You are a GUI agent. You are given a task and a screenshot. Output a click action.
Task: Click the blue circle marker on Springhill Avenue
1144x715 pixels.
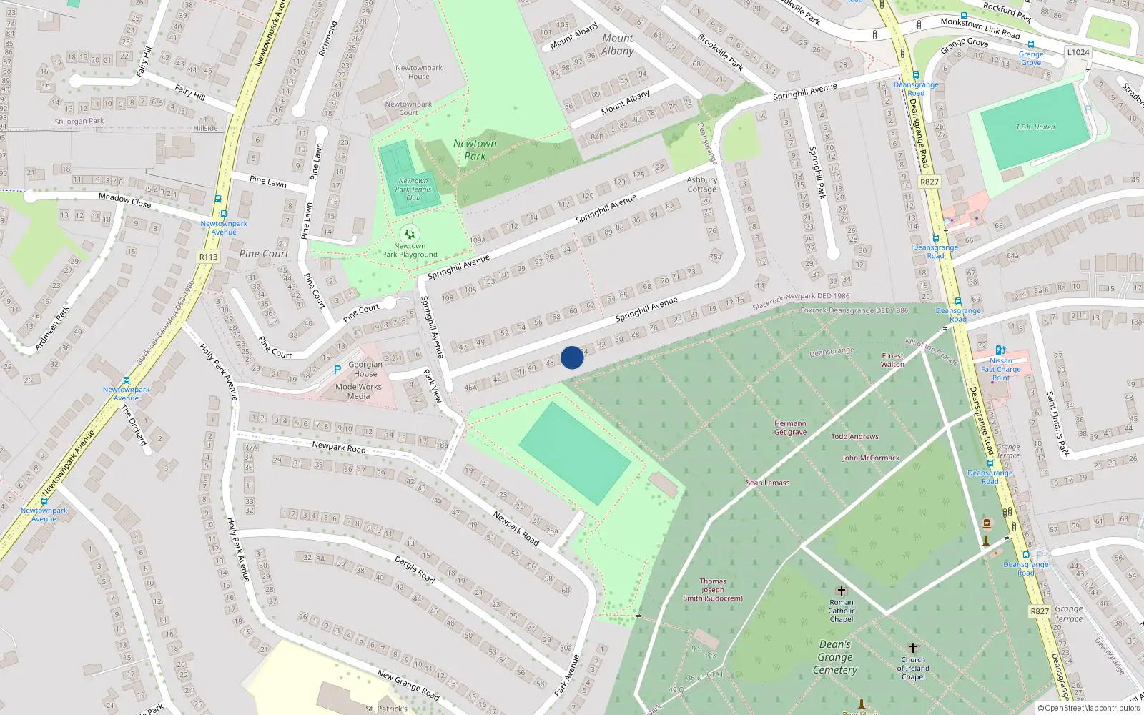point(572,357)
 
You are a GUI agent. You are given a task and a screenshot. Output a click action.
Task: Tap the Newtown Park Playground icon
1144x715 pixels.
point(410,234)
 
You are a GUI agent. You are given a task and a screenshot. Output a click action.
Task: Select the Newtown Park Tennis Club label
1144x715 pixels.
point(413,189)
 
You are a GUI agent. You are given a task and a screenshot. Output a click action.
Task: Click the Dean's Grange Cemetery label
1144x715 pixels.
point(835,657)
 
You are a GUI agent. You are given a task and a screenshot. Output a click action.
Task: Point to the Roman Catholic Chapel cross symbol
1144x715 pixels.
point(842,591)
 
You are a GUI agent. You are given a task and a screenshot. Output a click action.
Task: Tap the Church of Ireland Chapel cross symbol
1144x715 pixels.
point(913,649)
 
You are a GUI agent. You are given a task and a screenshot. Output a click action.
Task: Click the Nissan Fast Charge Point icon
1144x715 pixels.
point(1000,350)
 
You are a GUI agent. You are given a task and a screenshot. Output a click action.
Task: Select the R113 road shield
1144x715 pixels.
point(208,257)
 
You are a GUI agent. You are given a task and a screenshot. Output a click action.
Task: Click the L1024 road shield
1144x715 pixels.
point(1078,52)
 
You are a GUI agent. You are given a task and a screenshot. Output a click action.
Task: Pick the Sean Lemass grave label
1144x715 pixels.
point(768,483)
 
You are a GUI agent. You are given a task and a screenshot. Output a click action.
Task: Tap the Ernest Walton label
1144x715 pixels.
point(892,360)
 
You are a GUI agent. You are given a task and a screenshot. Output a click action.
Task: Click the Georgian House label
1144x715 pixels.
point(365,369)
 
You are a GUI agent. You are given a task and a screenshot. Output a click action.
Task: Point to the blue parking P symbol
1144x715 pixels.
point(337,370)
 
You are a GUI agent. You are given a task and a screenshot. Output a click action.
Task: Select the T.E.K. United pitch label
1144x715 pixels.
point(1035,127)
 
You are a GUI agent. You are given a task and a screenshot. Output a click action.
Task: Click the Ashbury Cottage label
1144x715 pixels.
point(701,184)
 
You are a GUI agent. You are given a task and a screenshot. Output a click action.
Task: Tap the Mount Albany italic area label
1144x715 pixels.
point(618,44)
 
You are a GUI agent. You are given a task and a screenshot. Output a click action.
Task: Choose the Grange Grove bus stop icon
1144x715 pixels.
point(1031,45)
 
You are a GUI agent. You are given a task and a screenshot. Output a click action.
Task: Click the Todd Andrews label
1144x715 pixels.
point(854,436)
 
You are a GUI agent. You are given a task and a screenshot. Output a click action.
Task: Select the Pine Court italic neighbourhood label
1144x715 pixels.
point(264,254)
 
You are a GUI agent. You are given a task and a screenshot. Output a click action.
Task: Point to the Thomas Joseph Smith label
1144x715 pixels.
point(713,590)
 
